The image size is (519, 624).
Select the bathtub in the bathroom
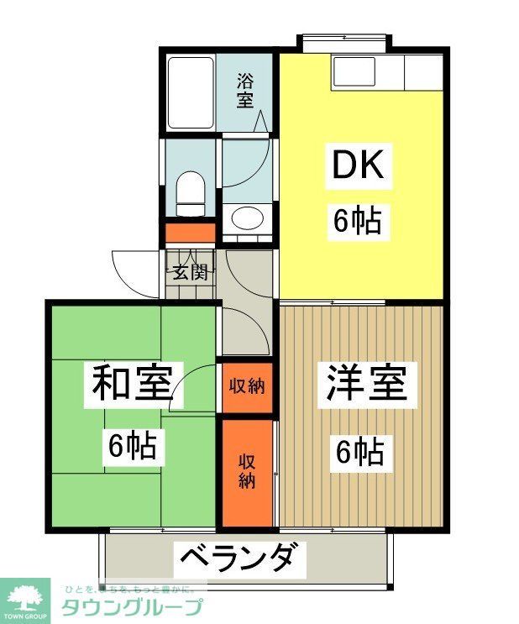(190, 92)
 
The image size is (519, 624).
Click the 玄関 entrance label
(190, 272)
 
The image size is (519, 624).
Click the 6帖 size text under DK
(358, 222)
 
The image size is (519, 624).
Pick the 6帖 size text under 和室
(132, 445)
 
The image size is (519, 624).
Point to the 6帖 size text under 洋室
(360, 454)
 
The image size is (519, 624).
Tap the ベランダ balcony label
(237, 558)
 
